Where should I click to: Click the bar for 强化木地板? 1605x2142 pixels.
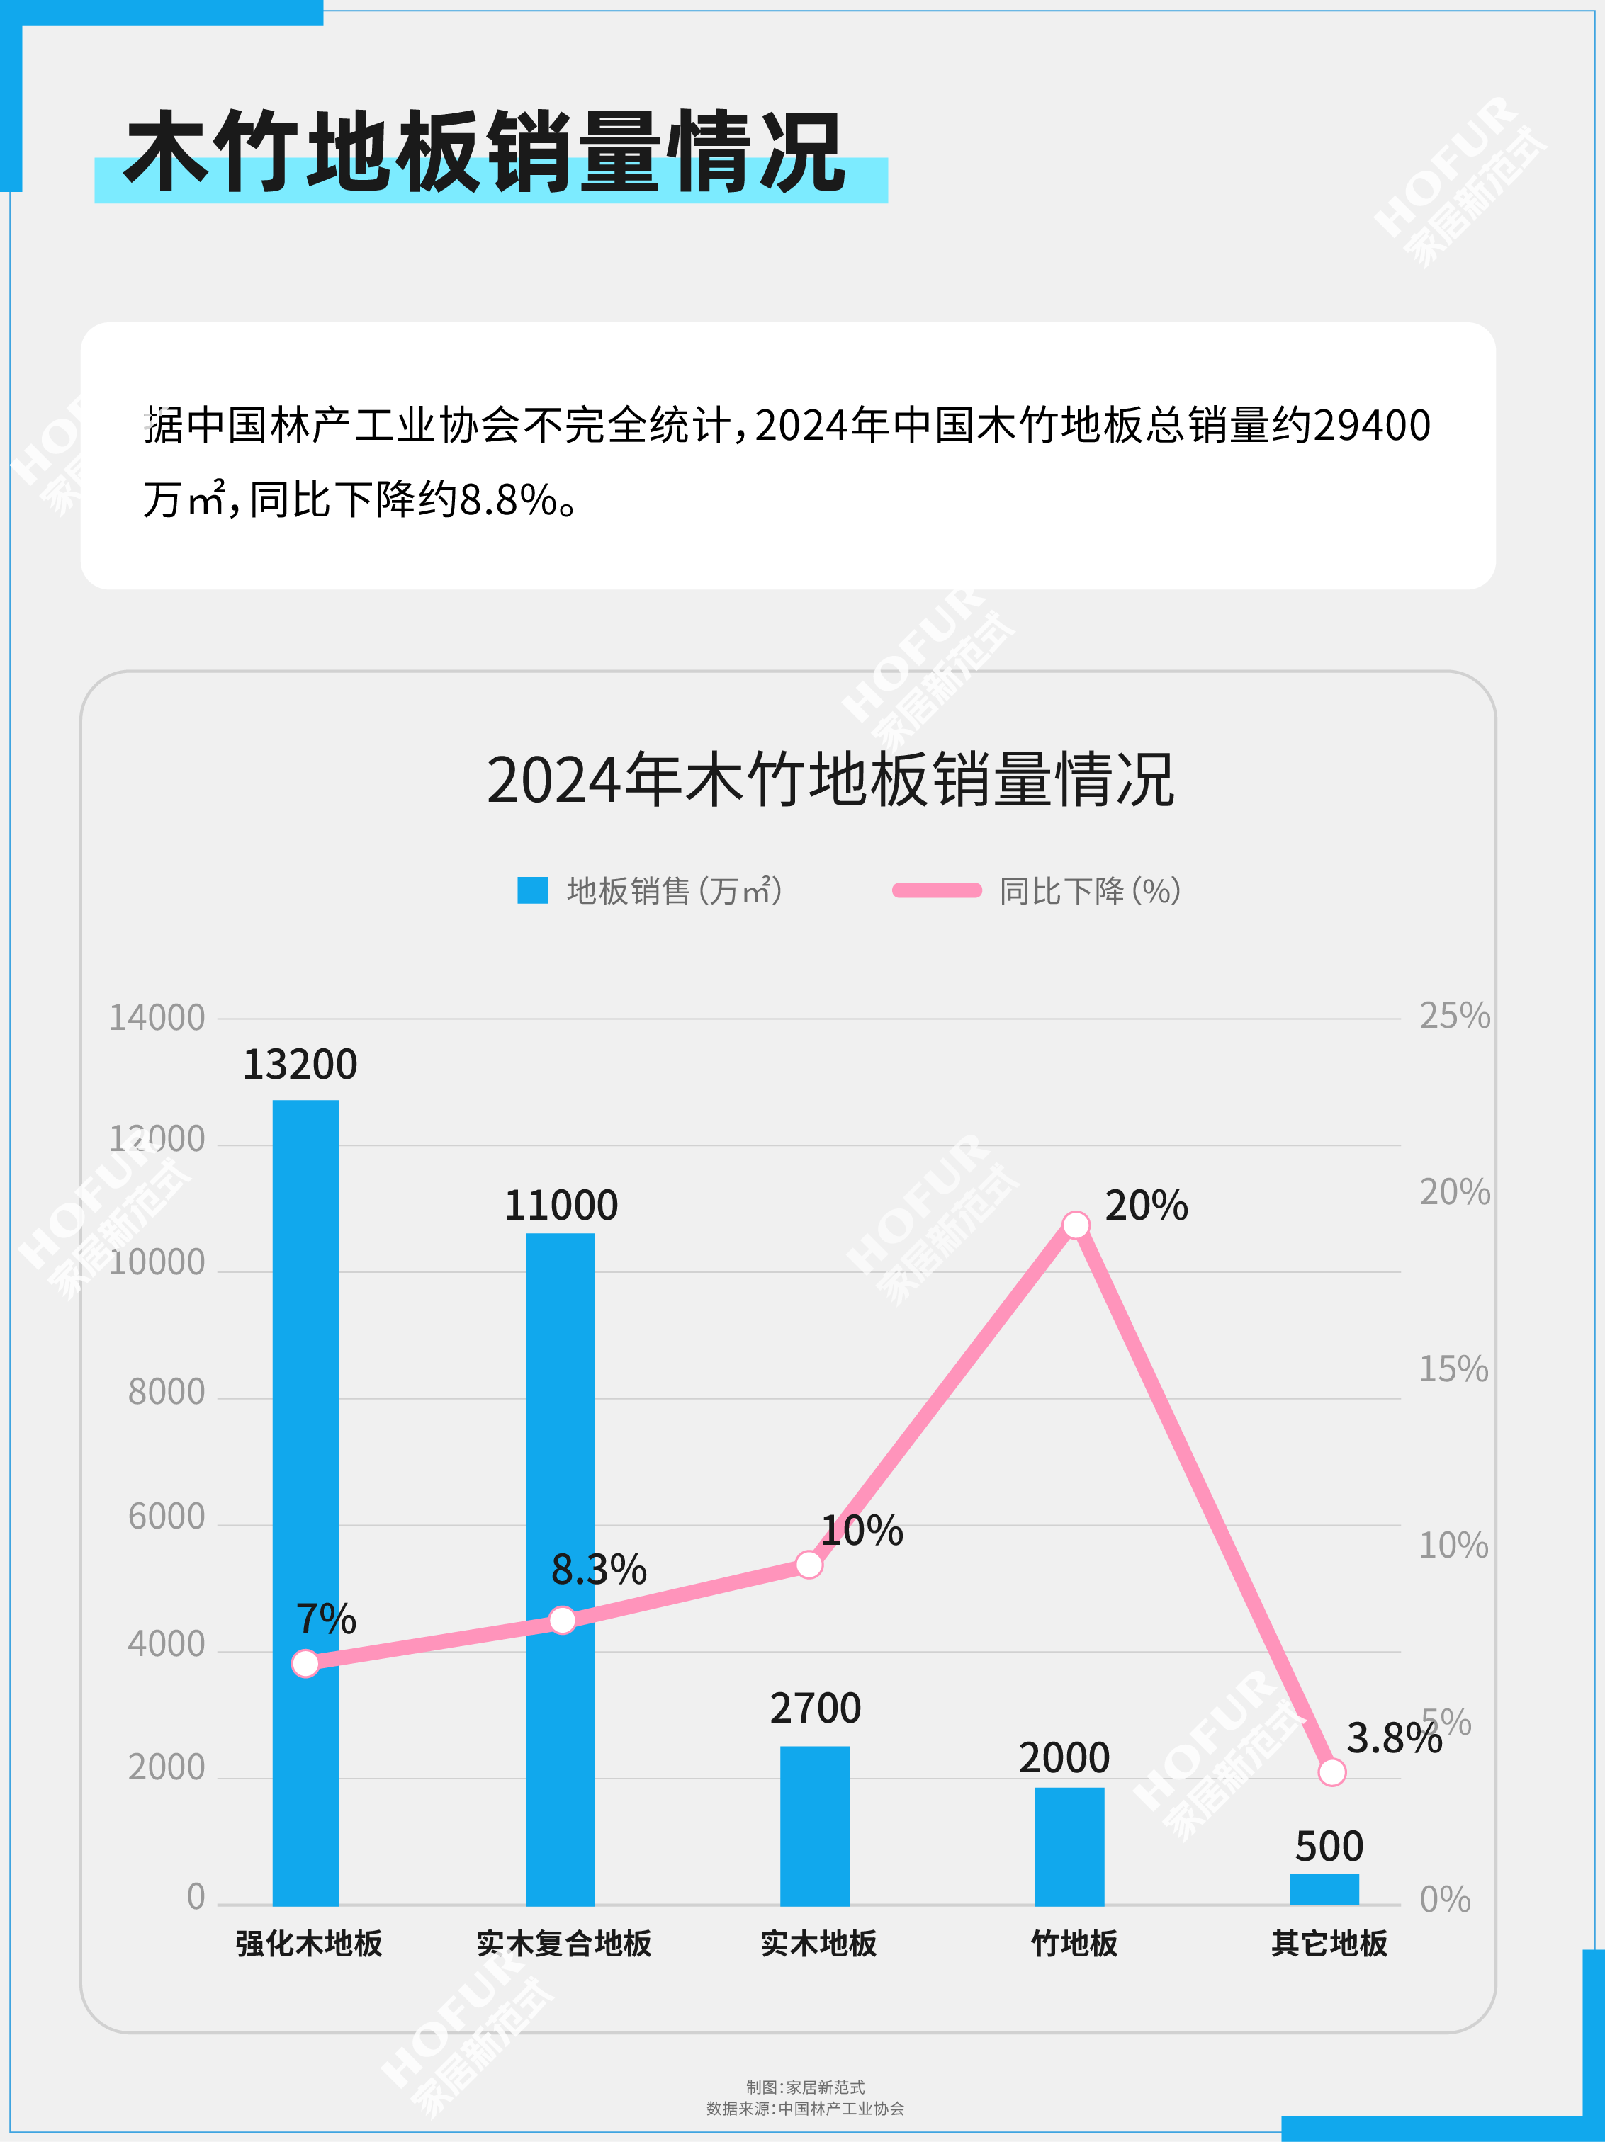pos(305,1501)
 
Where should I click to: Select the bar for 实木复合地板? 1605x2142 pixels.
pos(560,1569)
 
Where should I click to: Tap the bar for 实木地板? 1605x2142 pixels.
pos(815,1825)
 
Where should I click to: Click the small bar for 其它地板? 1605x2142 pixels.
pos(1324,1889)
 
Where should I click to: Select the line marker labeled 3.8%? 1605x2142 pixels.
pos(1332,1772)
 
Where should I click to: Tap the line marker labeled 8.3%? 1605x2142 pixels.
pos(562,1620)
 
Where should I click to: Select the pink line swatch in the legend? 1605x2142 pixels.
pos(937,890)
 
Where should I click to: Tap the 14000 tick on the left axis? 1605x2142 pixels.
pos(157,1018)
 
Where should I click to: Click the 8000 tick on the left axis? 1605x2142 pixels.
pos(167,1392)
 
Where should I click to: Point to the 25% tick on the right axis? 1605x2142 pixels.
pos(1454,1016)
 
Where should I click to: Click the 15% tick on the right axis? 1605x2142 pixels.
pos(1453,1368)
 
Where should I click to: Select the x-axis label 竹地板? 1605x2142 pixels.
pos(1074,1942)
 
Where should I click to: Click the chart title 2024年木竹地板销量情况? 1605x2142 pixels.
pos(830,780)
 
